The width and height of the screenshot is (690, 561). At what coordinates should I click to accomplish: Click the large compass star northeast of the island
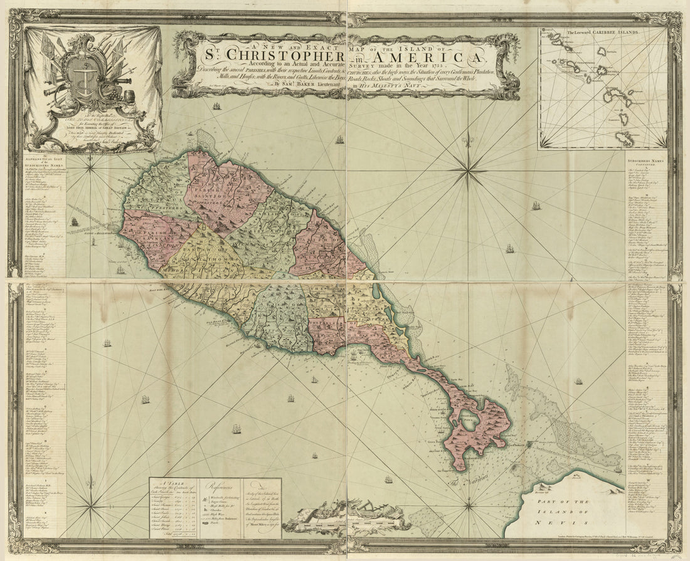(467, 167)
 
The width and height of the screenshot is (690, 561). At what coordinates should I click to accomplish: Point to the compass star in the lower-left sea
(91, 502)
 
